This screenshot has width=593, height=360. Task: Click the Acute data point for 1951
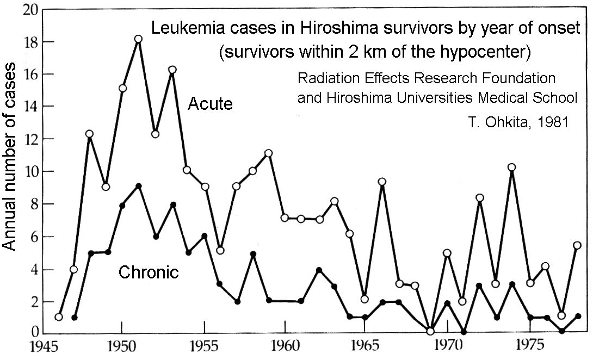pyautogui.click(x=138, y=39)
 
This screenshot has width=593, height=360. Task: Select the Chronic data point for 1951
pyautogui.click(x=139, y=186)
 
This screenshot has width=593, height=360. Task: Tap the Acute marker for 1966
pyautogui.click(x=382, y=182)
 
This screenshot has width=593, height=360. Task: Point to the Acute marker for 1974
pyautogui.click(x=511, y=167)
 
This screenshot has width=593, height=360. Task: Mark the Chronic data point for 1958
pyautogui.click(x=253, y=254)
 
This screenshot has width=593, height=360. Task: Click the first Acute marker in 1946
pyautogui.click(x=59, y=317)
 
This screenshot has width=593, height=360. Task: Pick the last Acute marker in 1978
pyautogui.click(x=577, y=245)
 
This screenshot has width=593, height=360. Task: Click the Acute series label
pyautogui.click(x=210, y=103)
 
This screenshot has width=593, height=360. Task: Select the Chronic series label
pyautogui.click(x=149, y=272)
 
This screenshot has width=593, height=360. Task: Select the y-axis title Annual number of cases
pyautogui.click(x=11, y=165)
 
